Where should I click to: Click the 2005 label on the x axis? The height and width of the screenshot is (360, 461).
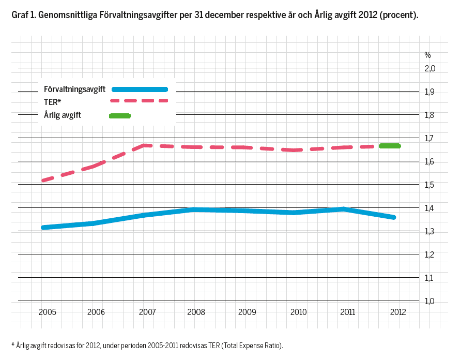click(x=48, y=312)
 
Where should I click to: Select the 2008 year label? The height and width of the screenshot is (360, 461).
click(x=196, y=312)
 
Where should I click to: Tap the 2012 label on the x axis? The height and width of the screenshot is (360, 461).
click(x=397, y=312)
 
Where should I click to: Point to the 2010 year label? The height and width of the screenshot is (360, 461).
click(x=298, y=312)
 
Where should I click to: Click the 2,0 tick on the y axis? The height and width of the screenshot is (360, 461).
click(x=430, y=68)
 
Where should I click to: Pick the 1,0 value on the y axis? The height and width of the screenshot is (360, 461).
click(x=430, y=301)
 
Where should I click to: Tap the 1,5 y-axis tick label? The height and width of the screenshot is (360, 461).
click(x=430, y=185)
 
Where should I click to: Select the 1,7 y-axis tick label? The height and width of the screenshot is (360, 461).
click(x=430, y=138)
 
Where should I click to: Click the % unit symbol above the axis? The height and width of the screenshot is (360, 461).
click(x=427, y=55)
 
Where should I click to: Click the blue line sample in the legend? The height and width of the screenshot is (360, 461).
click(x=140, y=89)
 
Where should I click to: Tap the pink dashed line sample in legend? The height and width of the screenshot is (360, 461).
click(x=140, y=101)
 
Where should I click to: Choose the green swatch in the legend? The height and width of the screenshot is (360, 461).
click(x=120, y=115)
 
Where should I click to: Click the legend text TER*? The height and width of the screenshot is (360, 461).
click(x=53, y=102)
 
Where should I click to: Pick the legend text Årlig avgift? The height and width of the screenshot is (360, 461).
click(x=63, y=115)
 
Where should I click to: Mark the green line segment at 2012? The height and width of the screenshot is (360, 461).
click(x=389, y=146)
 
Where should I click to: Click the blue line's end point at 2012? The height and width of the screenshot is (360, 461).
click(x=394, y=217)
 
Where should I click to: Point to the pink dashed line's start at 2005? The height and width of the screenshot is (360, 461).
click(x=44, y=180)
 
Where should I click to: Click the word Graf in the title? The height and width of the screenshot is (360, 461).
click(x=20, y=16)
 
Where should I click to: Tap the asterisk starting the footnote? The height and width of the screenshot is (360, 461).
click(x=13, y=344)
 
